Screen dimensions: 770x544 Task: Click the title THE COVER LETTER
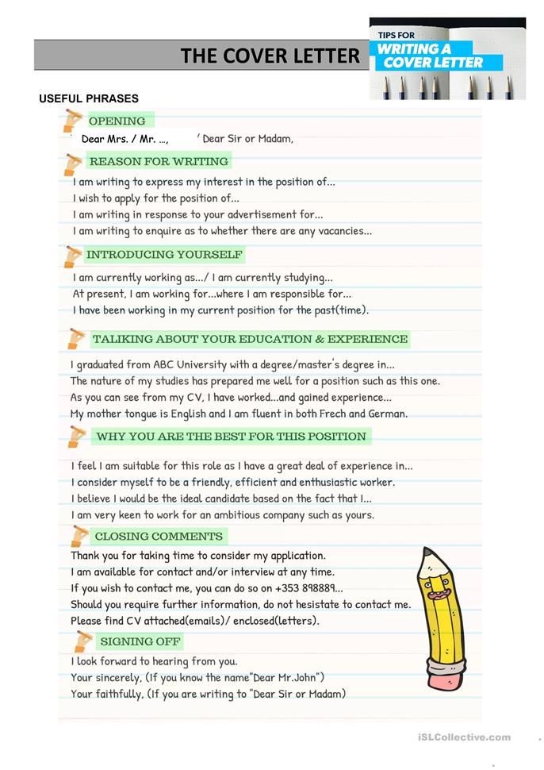pyautogui.click(x=270, y=56)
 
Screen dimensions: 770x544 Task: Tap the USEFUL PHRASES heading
pyautogui.click(x=89, y=98)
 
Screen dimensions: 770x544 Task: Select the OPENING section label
pyautogui.click(x=117, y=121)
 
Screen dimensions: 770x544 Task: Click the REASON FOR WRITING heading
pyautogui.click(x=159, y=161)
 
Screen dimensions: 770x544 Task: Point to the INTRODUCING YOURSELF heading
pyautogui.click(x=164, y=255)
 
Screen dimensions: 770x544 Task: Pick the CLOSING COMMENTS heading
pyautogui.click(x=159, y=537)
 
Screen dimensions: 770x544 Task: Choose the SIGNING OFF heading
pyautogui.click(x=140, y=641)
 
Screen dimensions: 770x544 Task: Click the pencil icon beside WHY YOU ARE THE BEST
pyautogui.click(x=76, y=437)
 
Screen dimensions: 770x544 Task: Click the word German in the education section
pyautogui.click(x=386, y=414)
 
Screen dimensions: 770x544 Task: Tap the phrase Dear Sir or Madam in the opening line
pyautogui.click(x=247, y=139)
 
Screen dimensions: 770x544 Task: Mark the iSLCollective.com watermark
pyautogui.click(x=464, y=737)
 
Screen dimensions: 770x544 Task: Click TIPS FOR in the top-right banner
pyautogui.click(x=397, y=35)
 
